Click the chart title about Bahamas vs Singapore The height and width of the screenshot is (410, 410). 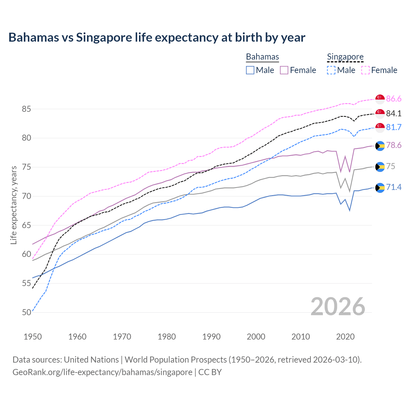(157, 37)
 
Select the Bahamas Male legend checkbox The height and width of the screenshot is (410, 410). (250, 70)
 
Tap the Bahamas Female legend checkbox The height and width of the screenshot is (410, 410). (284, 70)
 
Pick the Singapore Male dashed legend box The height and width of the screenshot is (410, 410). (331, 70)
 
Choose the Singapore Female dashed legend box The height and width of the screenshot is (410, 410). (365, 70)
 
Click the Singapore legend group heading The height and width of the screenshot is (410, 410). (345, 57)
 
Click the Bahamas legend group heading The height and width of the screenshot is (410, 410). (262, 57)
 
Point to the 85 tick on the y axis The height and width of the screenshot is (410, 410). (26, 109)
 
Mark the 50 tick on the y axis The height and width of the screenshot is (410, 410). (26, 312)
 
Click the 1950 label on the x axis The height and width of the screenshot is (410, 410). (33, 337)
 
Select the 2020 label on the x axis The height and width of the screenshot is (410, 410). (345, 337)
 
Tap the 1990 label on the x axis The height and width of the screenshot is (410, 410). (211, 337)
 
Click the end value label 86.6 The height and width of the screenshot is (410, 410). (394, 99)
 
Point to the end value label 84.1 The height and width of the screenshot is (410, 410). (394, 113)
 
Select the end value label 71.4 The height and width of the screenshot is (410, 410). (394, 187)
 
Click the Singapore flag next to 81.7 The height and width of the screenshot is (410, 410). (380, 127)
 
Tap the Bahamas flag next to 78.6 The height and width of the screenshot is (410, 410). (380, 146)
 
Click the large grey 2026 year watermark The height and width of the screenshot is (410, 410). (338, 307)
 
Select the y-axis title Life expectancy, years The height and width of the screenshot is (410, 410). (13, 205)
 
